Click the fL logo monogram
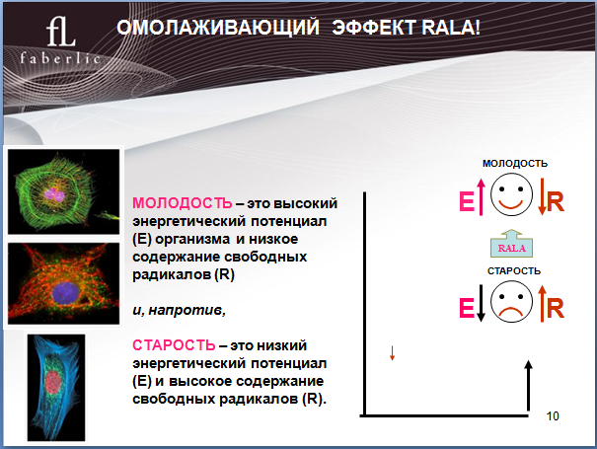click(x=61, y=32)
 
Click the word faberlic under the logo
click(x=60, y=58)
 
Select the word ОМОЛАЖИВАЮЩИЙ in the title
click(x=218, y=28)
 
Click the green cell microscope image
click(x=63, y=191)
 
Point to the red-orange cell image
click(x=63, y=283)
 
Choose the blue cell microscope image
click(x=56, y=388)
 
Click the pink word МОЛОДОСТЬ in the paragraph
click(x=182, y=203)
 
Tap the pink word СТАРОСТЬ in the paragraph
click(x=174, y=345)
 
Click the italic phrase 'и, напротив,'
click(x=179, y=311)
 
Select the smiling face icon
click(x=511, y=194)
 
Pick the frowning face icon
click(x=511, y=302)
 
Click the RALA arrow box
click(x=511, y=244)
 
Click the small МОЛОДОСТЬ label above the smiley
click(x=515, y=164)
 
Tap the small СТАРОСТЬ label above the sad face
click(x=514, y=270)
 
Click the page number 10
click(x=553, y=416)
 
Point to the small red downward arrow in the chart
click(x=392, y=353)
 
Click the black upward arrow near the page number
click(x=528, y=386)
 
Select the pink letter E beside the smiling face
click(x=467, y=201)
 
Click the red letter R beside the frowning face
click(x=556, y=309)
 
